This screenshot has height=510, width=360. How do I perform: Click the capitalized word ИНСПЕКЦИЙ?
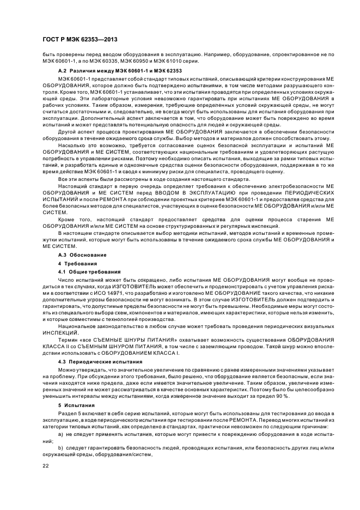pyautogui.click(x=61, y=332)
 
